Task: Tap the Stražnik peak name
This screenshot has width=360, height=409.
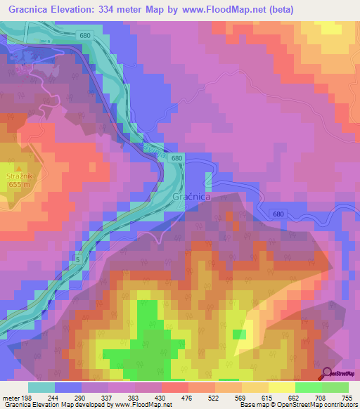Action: [x=15, y=175]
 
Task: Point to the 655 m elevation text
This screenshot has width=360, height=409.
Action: [x=15, y=184]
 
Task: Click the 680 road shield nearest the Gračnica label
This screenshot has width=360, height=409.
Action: [x=176, y=160]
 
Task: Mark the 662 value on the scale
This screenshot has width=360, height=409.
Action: [x=292, y=397]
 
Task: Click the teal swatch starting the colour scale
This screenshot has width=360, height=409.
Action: [x=41, y=387]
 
